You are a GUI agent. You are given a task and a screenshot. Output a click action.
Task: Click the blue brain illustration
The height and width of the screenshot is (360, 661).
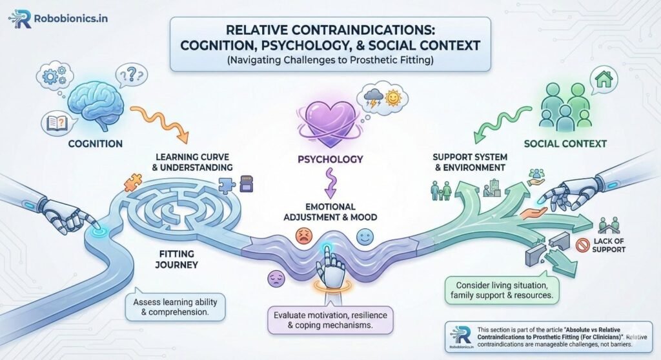click(x=97, y=103)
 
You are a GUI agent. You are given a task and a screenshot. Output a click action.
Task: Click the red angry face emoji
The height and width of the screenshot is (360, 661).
click(x=301, y=236)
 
